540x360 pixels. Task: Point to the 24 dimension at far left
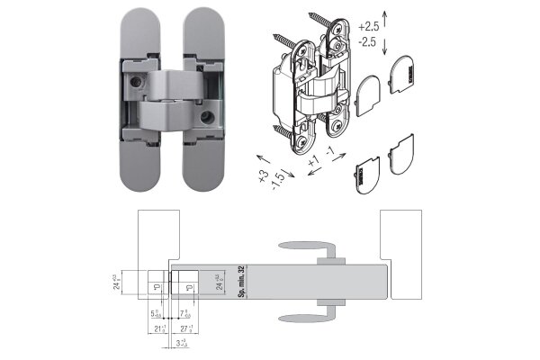116,284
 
